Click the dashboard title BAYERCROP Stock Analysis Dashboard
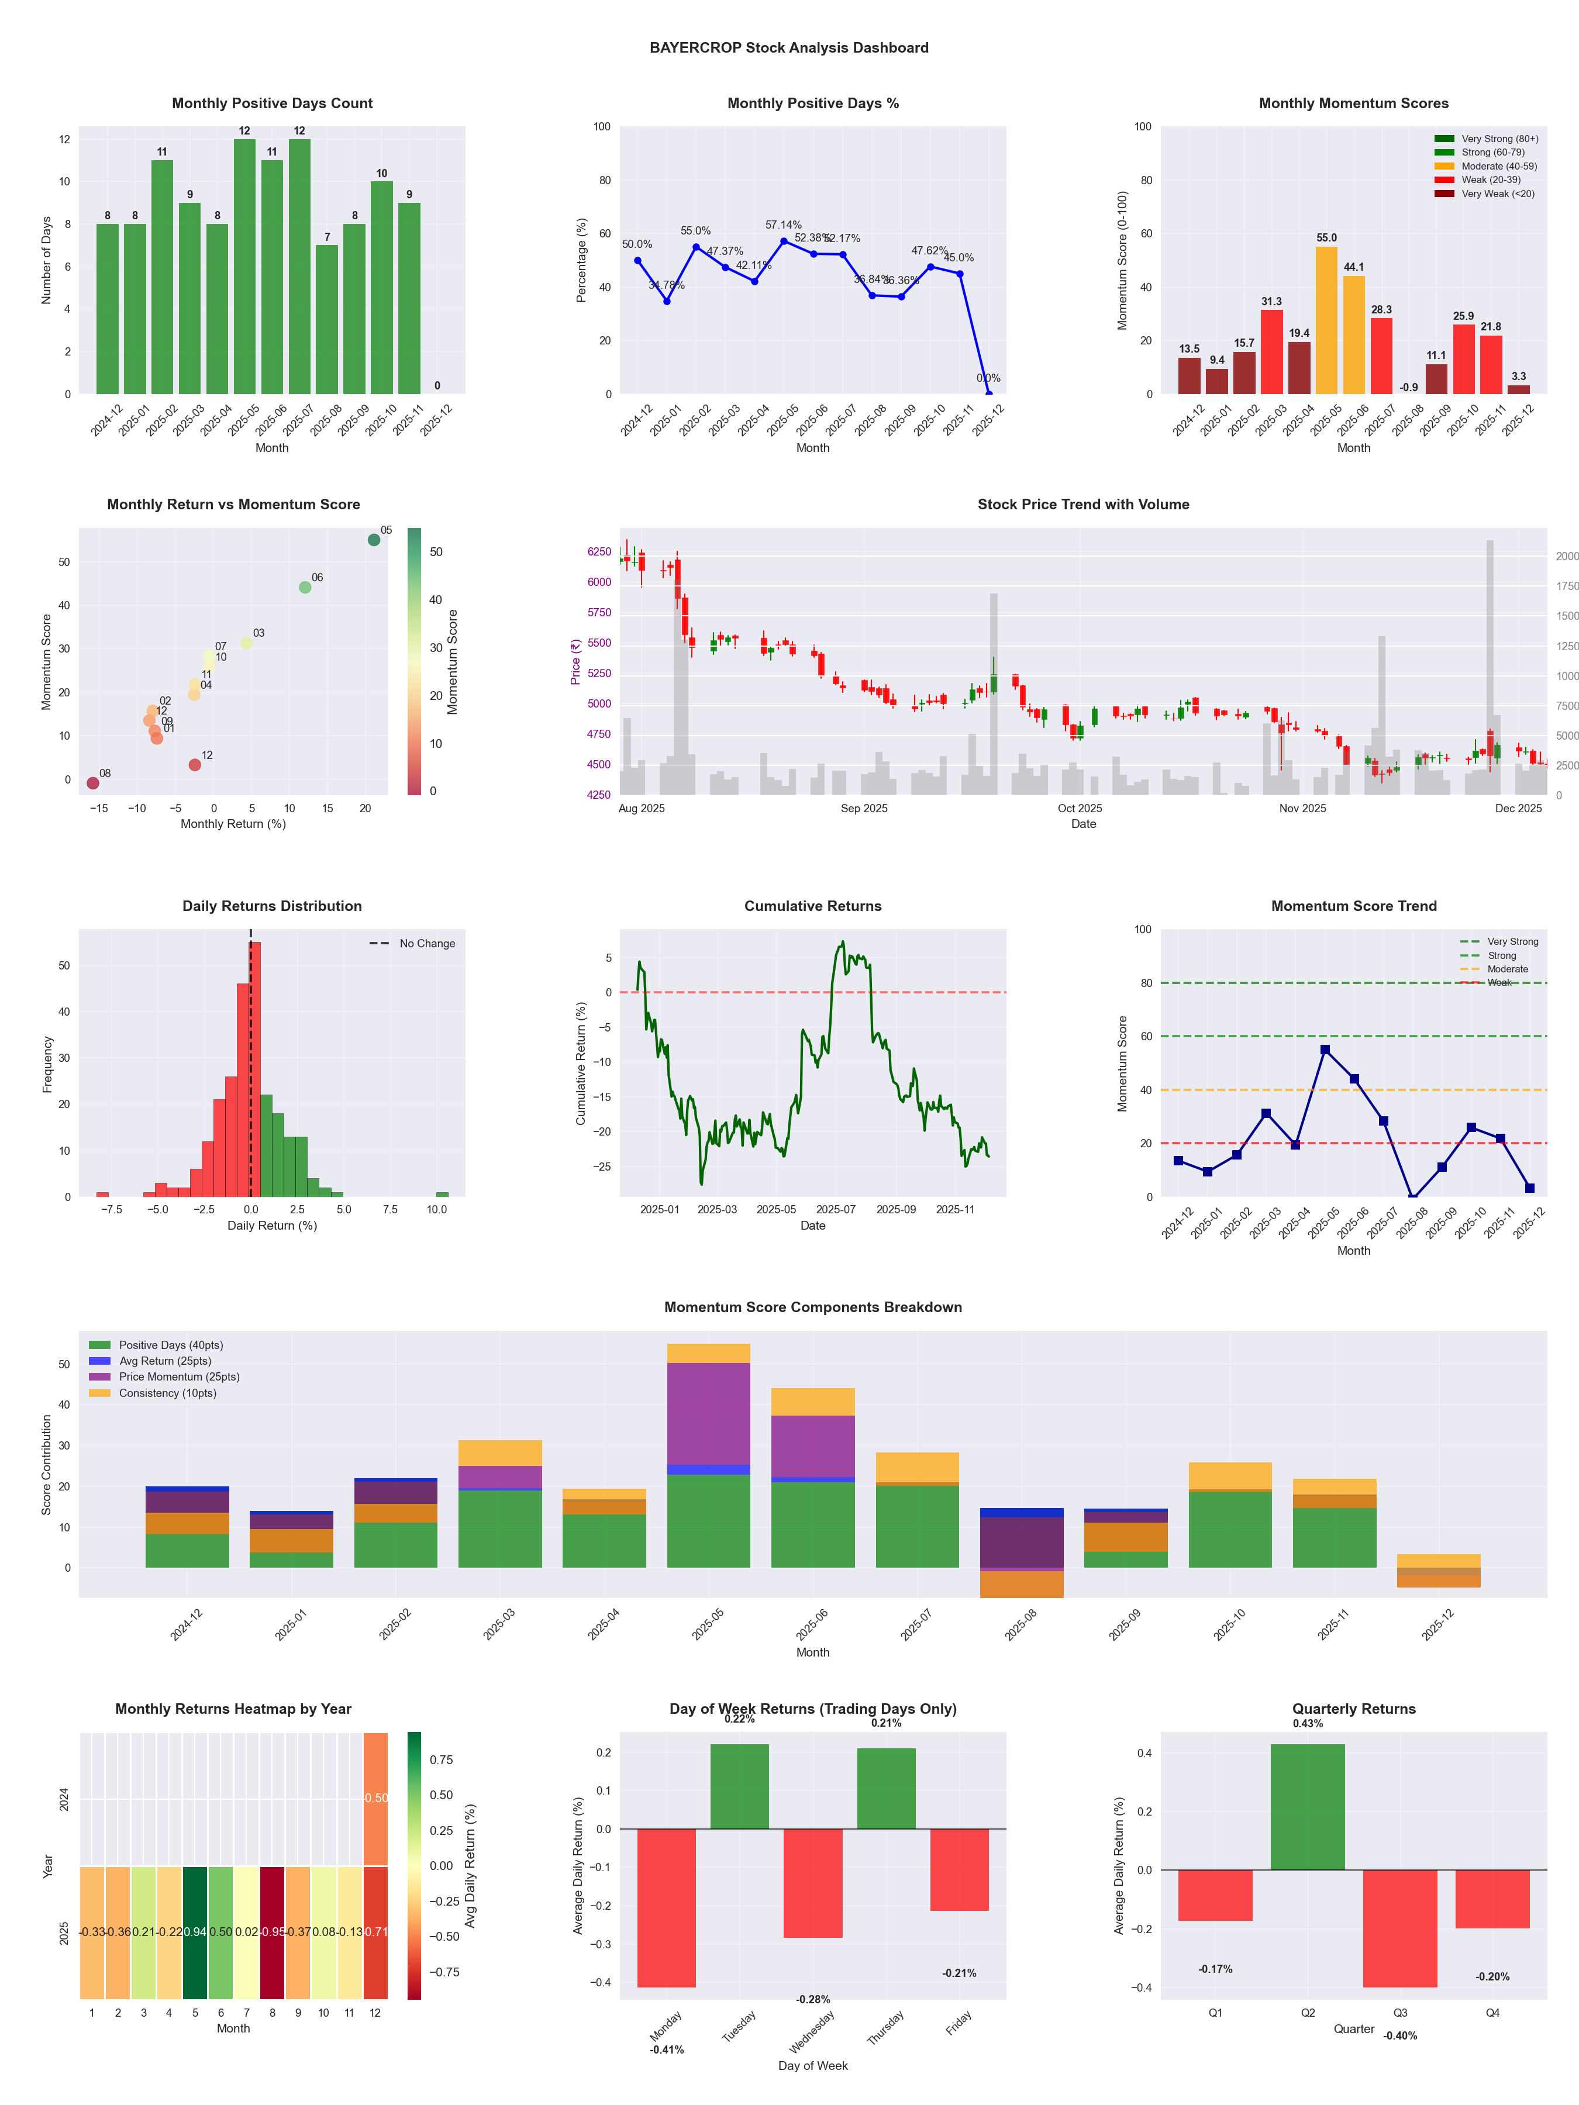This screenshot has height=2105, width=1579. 789,47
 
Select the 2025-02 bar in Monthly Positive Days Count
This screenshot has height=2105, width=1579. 162,276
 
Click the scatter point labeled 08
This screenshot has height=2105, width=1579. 92,783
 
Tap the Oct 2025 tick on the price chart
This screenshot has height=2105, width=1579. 1080,809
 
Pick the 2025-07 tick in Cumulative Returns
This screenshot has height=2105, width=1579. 836,1210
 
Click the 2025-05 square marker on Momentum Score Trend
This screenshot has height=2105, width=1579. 1325,1050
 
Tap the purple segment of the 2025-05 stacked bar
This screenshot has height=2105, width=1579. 708,1413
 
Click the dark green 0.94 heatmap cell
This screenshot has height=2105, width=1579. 195,1932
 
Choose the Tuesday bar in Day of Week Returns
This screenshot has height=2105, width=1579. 740,1786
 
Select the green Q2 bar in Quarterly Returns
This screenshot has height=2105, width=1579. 1308,1806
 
